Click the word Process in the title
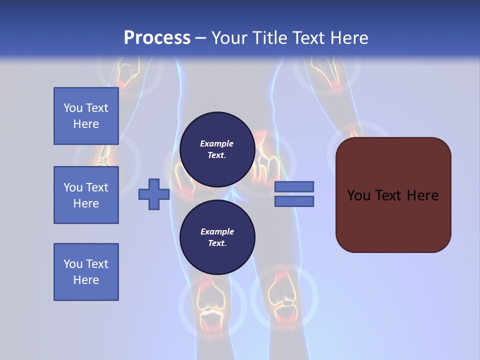click(x=157, y=38)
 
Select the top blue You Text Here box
click(x=86, y=116)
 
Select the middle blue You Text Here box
click(x=86, y=195)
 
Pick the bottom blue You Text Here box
click(x=86, y=272)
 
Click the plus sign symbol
click(x=154, y=194)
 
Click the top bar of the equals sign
click(x=294, y=186)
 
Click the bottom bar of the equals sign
click(x=294, y=201)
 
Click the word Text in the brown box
click(x=388, y=195)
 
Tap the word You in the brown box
click(x=358, y=195)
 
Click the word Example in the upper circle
click(x=216, y=143)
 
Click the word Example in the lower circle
click(x=217, y=231)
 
